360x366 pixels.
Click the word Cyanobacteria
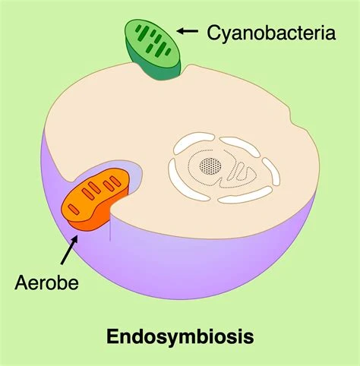[x=271, y=33]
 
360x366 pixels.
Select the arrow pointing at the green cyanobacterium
[x=188, y=31]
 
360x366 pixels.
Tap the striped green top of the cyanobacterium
[x=152, y=43]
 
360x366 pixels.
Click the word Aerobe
[x=46, y=282]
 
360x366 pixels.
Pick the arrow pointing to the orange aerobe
[x=69, y=250]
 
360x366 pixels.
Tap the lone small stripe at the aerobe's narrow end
[x=74, y=210]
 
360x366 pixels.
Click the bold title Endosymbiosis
[x=180, y=336]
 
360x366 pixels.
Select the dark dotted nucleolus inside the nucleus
[x=210, y=166]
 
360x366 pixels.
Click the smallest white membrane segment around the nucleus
[x=271, y=171]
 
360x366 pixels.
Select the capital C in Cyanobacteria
[x=213, y=33]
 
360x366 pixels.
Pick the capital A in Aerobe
[x=21, y=282]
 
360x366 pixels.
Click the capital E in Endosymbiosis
[x=112, y=336]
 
